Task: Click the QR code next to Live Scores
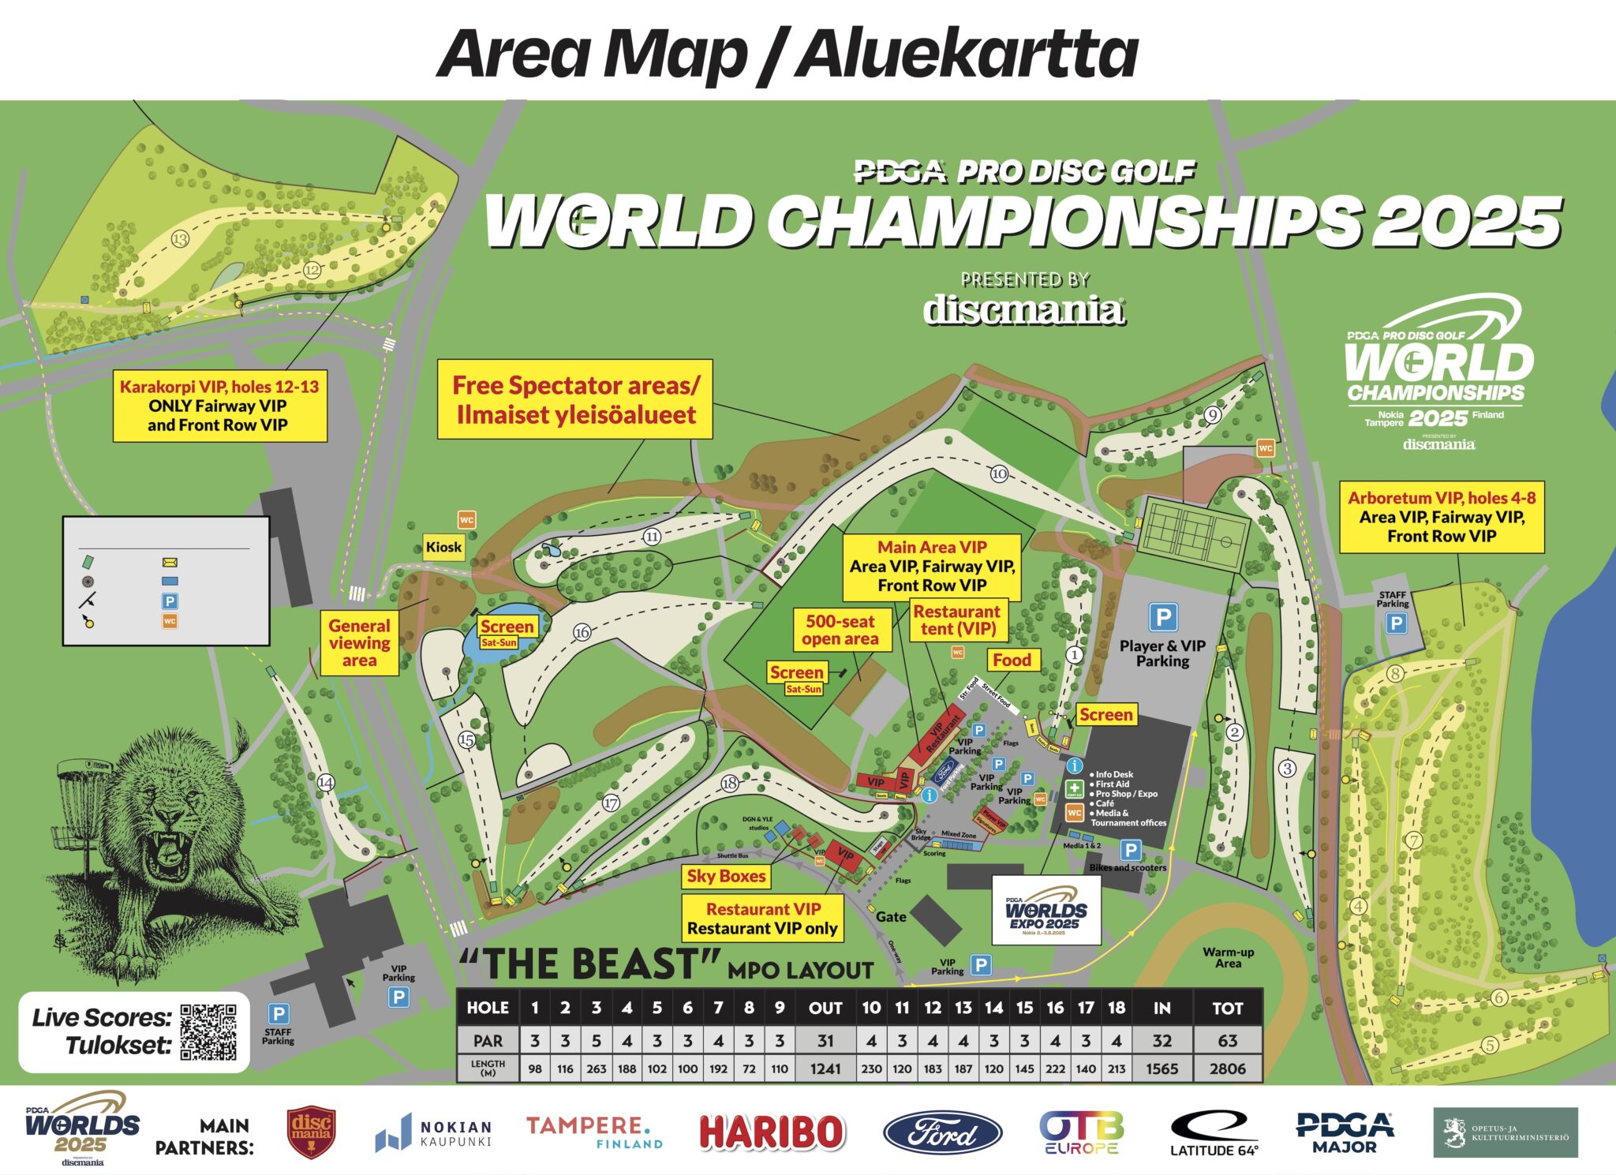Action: pos(208,1032)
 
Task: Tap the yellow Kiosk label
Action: pos(443,547)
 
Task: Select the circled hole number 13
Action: pos(180,239)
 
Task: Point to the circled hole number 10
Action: pos(999,473)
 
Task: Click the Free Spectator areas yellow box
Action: pos(575,400)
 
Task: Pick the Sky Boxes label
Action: pos(726,876)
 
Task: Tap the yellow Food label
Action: pos(1012,660)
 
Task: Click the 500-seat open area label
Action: pos(840,630)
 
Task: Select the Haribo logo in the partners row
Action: pos(772,1132)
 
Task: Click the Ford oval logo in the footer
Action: pos(942,1133)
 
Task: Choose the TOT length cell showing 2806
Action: pos(1227,1068)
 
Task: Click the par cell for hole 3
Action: pos(596,1040)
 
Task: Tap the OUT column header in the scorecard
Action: pos(825,1008)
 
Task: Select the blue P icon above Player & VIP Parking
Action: pos(1163,616)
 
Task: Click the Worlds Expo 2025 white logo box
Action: pos(1046,910)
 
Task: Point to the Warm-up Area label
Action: pos(1228,957)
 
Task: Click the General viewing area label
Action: pos(359,643)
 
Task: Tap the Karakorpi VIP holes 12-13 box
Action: pos(219,406)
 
